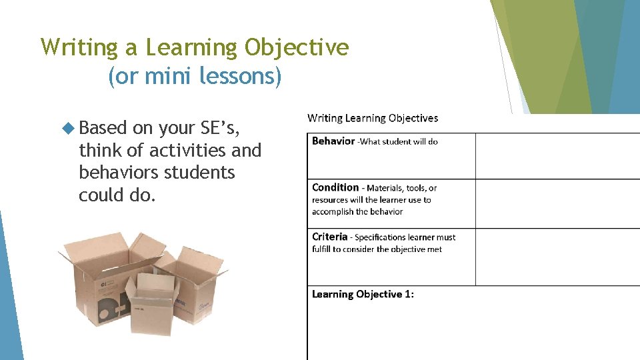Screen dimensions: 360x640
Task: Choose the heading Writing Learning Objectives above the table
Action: point(373,118)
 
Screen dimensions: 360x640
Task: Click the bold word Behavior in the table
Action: point(333,141)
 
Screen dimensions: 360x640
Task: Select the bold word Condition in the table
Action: point(335,187)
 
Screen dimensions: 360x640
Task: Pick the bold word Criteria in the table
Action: point(330,237)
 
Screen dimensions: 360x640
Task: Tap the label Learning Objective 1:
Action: point(363,294)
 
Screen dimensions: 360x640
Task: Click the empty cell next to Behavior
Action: point(557,156)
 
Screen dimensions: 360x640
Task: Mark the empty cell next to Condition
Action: point(557,203)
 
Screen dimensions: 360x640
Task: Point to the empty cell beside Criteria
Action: point(557,257)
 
